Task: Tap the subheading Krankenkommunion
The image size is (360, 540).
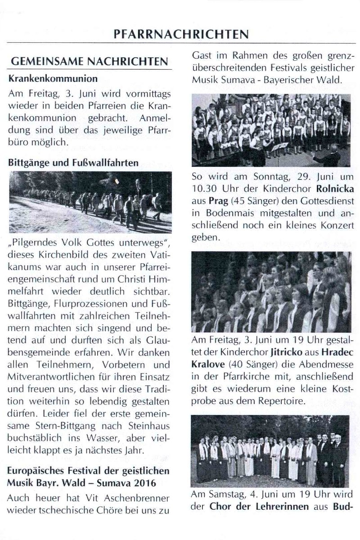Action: pos(53,78)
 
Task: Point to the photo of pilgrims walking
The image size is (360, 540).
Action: pos(90,202)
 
